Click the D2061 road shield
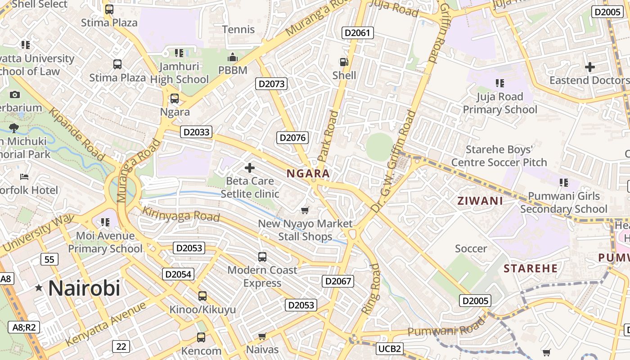click(x=358, y=32)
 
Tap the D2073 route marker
click(x=271, y=84)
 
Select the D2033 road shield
click(x=196, y=132)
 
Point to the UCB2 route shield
click(x=389, y=349)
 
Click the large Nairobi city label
click(x=84, y=288)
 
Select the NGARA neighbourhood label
click(x=308, y=174)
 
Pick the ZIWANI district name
click(x=480, y=201)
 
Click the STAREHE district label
click(x=531, y=269)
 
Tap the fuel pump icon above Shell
click(x=344, y=63)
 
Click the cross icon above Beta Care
click(x=249, y=168)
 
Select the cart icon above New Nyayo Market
click(x=305, y=210)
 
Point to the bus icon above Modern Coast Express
click(x=262, y=257)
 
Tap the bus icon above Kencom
click(x=201, y=337)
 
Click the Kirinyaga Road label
click(x=181, y=215)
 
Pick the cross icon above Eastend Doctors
click(x=589, y=67)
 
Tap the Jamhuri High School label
click(x=180, y=73)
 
